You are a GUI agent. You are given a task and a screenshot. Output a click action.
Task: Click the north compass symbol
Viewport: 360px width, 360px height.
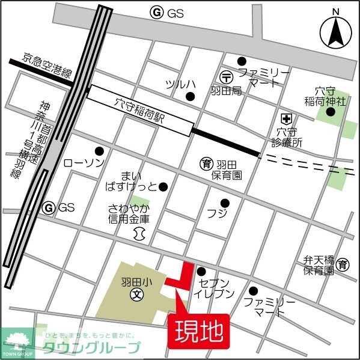(x=335, y=32)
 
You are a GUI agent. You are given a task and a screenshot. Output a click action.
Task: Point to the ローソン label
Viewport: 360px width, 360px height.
(x=84, y=163)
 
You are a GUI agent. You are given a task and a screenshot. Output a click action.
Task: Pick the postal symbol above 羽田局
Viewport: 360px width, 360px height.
(x=227, y=76)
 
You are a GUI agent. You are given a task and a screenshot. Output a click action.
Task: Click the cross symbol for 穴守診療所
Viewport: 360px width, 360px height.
(x=286, y=118)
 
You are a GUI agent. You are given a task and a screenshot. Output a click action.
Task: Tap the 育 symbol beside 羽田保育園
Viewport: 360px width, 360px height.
(x=206, y=162)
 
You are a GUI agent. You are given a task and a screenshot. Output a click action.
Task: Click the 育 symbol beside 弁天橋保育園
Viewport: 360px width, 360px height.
(x=343, y=264)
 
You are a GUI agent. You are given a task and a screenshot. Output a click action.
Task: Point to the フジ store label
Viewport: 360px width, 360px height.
(x=215, y=214)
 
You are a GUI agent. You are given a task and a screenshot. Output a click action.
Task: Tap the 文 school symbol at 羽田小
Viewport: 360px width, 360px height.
(x=137, y=295)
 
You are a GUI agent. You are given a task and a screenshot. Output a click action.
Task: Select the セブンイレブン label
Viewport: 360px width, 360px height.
(x=214, y=288)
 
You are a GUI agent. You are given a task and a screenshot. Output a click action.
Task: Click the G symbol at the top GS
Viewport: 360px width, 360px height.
(x=157, y=12)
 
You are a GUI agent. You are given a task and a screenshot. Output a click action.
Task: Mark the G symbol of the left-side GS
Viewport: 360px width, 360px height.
(x=49, y=207)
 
